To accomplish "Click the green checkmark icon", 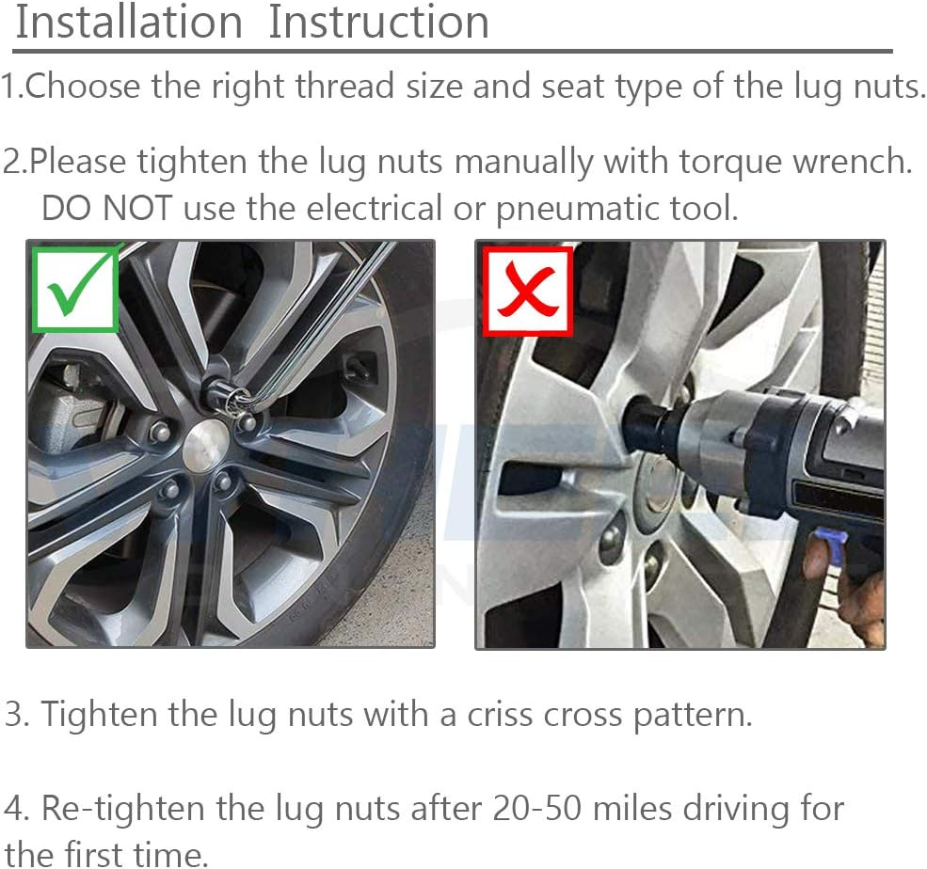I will point(74,290).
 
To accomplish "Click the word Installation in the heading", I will point(129,23).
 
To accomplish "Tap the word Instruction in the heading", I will point(378,23).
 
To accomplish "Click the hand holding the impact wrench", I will point(861,602).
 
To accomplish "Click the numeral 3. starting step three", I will point(18,714).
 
